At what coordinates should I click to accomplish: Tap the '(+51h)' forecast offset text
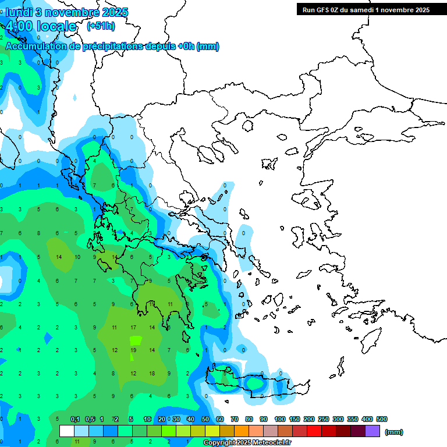click(x=101, y=26)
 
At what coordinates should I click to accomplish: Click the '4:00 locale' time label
click(x=41, y=26)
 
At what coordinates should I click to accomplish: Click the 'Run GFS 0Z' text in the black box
click(x=322, y=9)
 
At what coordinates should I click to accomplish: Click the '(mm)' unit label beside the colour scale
click(x=394, y=432)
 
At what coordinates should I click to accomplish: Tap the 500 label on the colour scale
click(x=382, y=419)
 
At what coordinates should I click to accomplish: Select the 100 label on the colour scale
click(x=280, y=419)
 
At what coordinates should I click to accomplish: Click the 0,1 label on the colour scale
click(x=75, y=419)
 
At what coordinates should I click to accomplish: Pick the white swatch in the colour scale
click(x=67, y=431)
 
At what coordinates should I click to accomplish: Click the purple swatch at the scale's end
click(x=372, y=431)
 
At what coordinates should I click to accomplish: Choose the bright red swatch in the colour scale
click(x=314, y=431)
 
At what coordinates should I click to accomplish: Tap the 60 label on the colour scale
click(x=220, y=419)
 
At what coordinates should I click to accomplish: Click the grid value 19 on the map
click(x=133, y=350)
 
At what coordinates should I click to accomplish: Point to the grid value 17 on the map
click(x=133, y=328)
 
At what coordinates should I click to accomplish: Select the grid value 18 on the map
click(x=152, y=373)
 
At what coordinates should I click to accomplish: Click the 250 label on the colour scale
click(x=324, y=419)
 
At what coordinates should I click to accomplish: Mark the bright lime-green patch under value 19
click(x=135, y=340)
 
